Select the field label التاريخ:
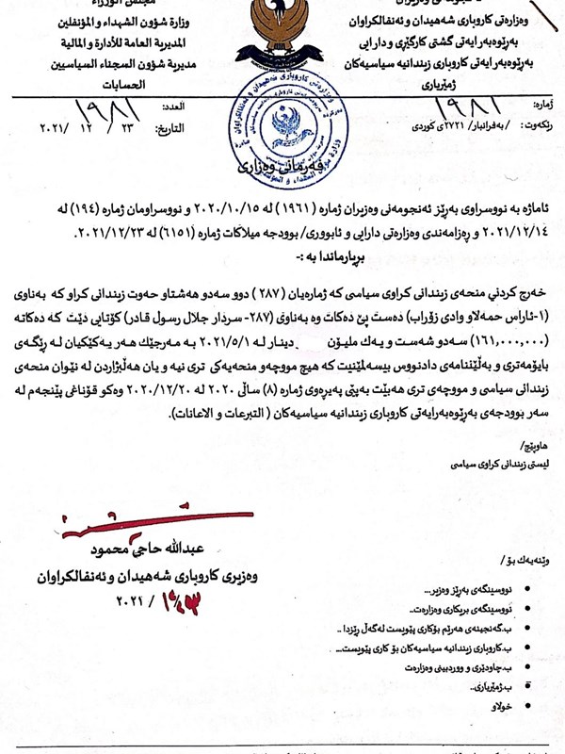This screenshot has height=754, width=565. pyautogui.click(x=172, y=127)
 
